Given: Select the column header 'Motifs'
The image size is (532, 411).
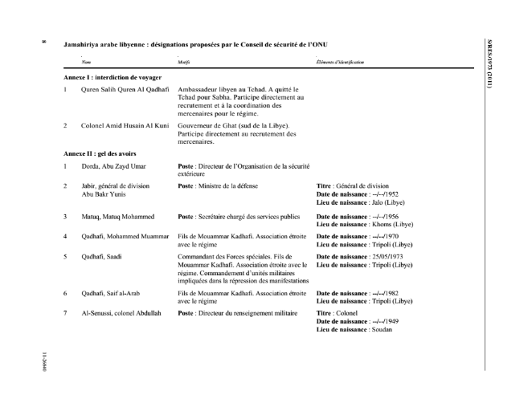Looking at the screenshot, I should (182, 61).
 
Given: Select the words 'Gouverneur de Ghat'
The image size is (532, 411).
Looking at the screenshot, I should (207, 127).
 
